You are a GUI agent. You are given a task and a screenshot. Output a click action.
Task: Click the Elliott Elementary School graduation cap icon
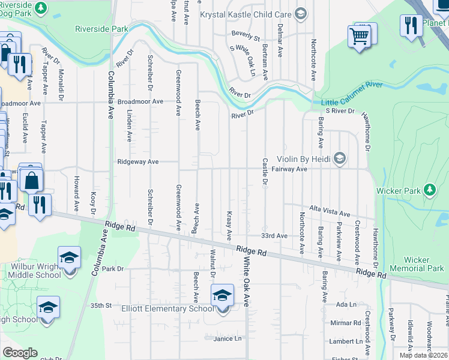222,295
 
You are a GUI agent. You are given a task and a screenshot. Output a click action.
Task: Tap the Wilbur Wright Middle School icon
69,258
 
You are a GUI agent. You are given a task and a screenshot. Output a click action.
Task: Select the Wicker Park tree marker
429,190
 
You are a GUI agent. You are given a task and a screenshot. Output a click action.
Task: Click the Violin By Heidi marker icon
340,158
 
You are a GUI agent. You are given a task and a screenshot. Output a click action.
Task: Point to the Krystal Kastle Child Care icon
301,13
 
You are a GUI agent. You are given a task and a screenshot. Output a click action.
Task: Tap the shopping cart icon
359,36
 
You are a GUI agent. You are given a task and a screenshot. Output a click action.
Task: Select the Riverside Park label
102,28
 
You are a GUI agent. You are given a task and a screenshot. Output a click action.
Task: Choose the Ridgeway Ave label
137,161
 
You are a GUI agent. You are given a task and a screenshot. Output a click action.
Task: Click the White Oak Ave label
246,281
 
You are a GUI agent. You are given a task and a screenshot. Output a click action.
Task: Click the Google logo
20,353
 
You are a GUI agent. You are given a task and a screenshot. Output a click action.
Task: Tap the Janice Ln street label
227,338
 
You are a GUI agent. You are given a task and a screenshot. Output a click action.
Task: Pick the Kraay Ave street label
229,224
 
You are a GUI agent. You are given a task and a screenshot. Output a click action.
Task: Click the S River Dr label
340,111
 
